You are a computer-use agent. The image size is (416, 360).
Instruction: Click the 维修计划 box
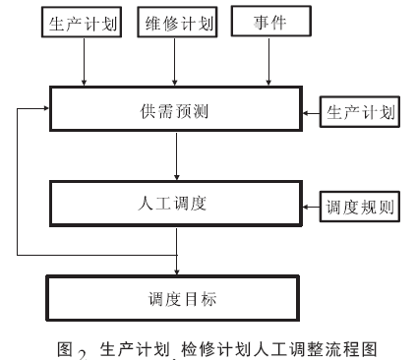[x=175, y=24]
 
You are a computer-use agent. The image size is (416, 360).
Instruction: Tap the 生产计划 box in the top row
[x=84, y=24]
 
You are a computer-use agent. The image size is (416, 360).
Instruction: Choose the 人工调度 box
[x=175, y=206]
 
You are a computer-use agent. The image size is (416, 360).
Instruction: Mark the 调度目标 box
[x=175, y=294]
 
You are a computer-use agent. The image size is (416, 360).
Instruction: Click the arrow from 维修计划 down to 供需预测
[x=175, y=64]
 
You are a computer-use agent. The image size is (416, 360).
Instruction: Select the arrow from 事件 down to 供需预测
[x=267, y=64]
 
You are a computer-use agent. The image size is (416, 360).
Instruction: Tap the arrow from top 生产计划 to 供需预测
[x=84, y=64]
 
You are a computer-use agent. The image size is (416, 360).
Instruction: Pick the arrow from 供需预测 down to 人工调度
[x=175, y=157]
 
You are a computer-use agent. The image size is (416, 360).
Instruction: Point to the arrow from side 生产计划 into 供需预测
[x=311, y=112]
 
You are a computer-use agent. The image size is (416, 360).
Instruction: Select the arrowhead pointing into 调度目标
[x=175, y=268]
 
